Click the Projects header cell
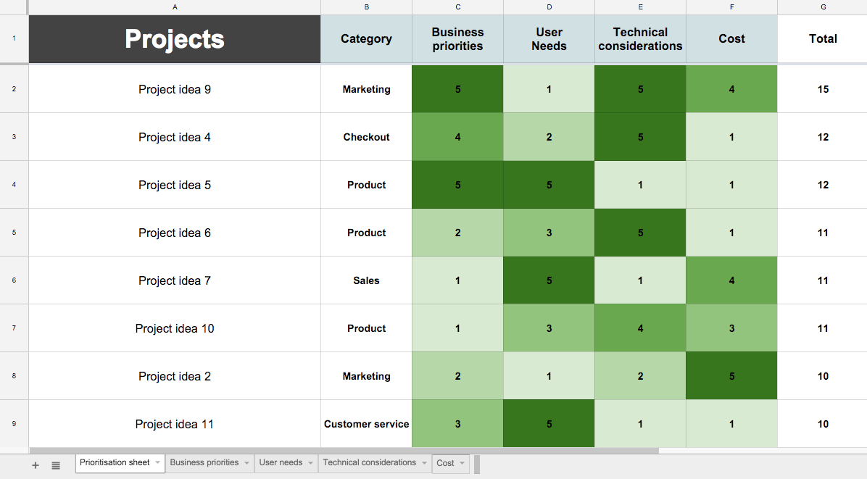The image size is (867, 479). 175,39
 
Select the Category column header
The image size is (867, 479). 366,39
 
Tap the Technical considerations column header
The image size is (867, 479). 640,39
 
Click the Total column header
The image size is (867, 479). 823,39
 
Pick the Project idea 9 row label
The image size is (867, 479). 175,90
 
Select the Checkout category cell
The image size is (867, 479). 366,137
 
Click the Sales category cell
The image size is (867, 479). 366,280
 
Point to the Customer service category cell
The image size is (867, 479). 366,424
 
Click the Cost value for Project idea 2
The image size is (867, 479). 731,376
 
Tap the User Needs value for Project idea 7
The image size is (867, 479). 549,280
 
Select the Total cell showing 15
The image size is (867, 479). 823,90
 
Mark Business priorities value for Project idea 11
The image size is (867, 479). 457,424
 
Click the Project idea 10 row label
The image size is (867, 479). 175,328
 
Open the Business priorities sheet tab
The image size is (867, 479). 204,463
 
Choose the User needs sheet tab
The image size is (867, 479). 281,463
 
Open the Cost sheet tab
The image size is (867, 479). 446,464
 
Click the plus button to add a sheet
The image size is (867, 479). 36,465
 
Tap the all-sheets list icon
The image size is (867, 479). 56,465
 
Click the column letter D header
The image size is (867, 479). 549,7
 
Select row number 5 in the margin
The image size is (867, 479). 14,233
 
